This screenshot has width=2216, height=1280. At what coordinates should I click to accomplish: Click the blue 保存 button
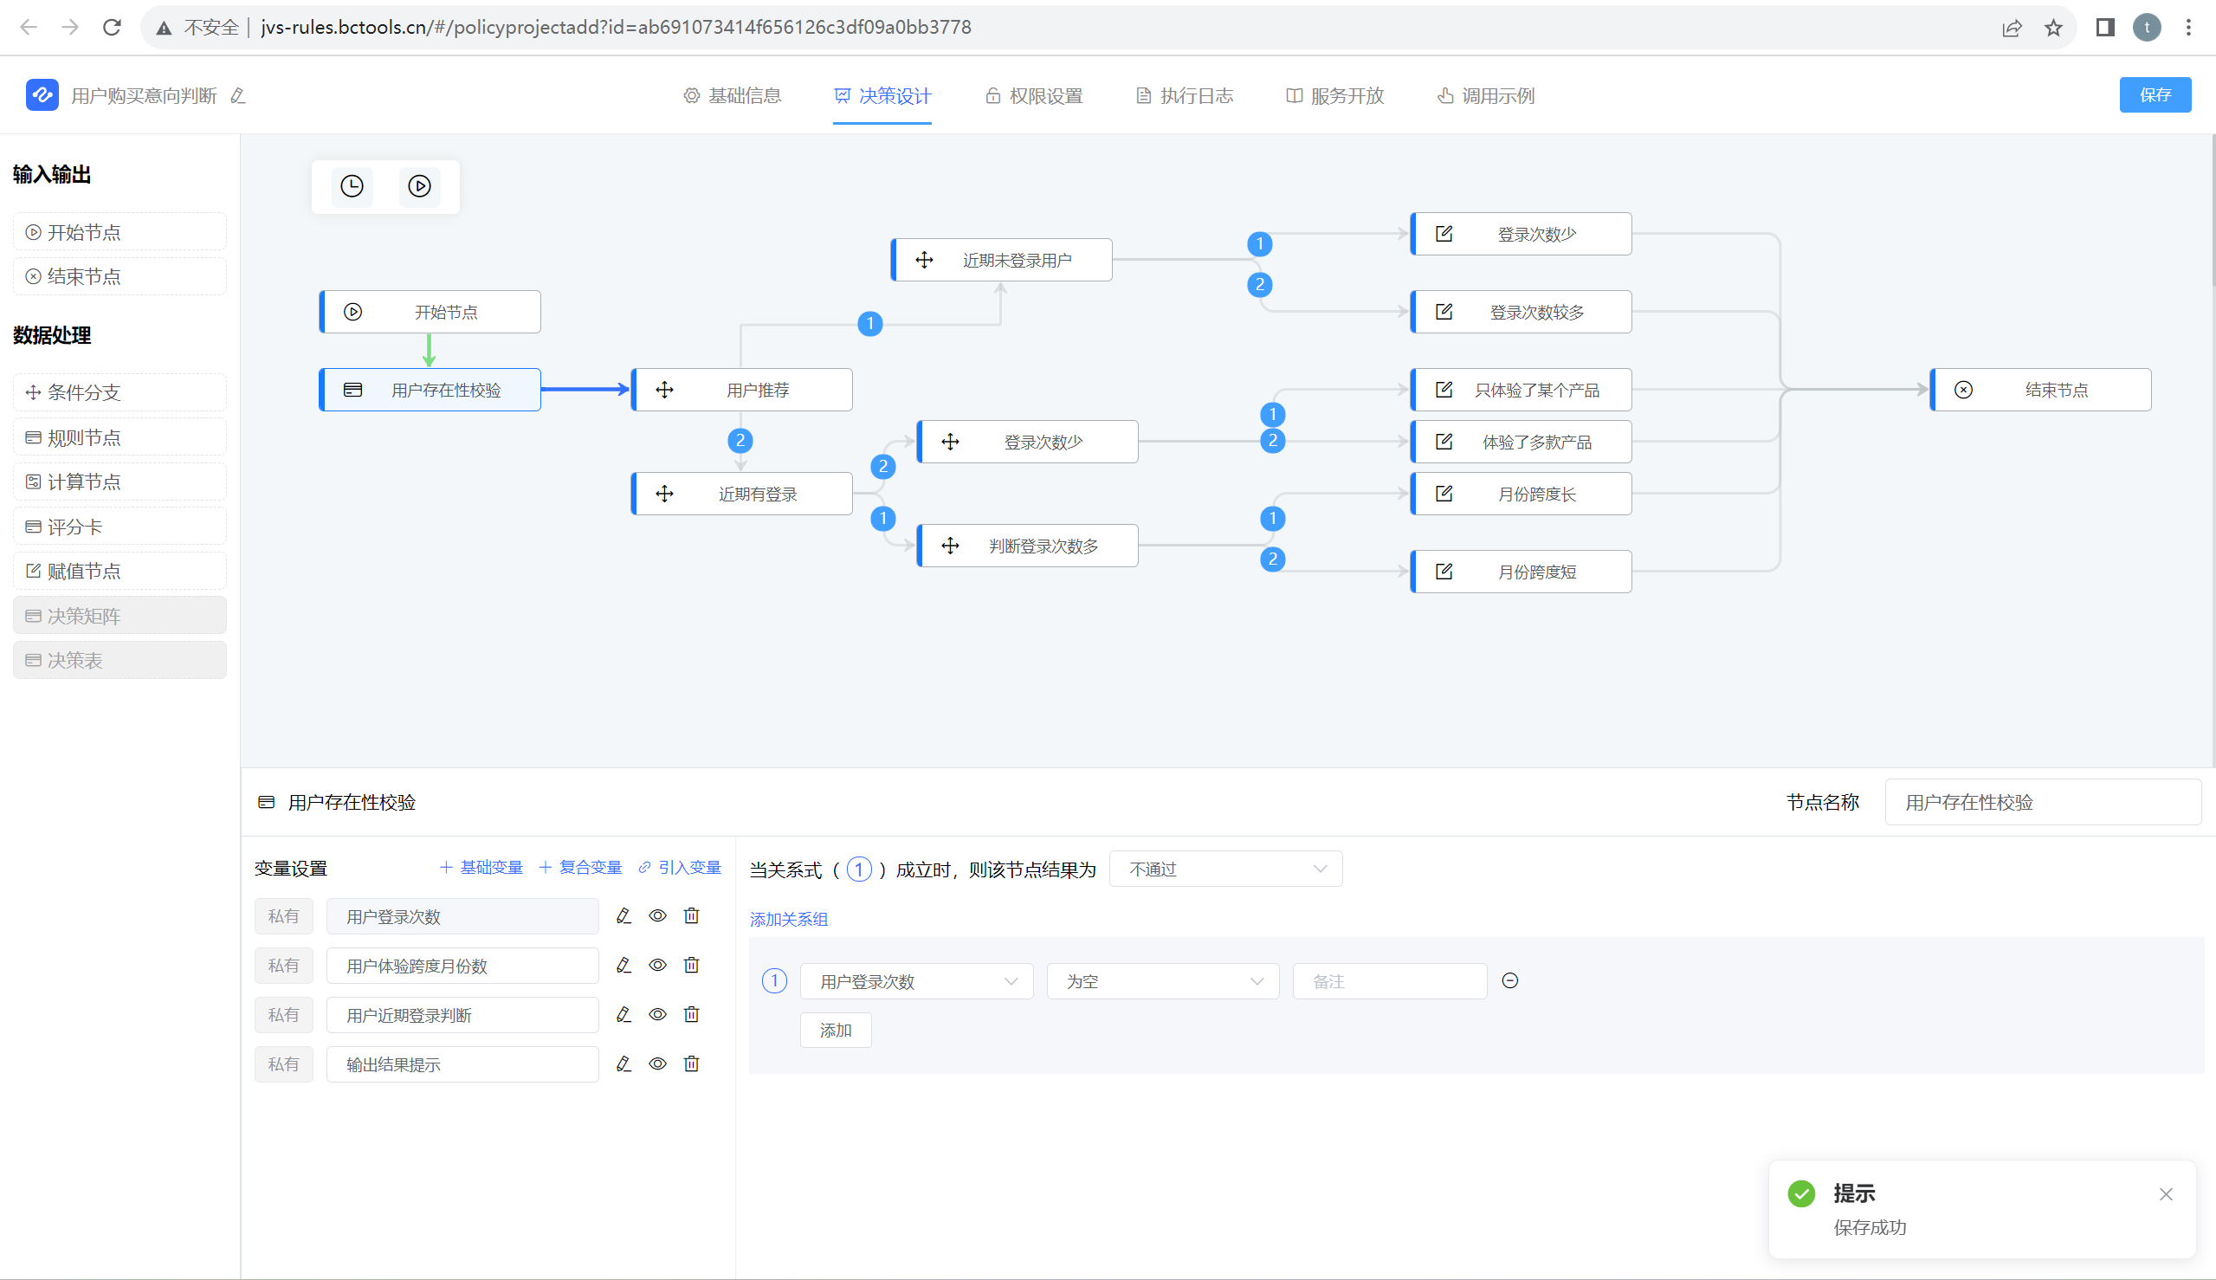pyautogui.click(x=2154, y=95)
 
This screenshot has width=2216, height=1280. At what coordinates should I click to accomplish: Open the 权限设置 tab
pyautogui.click(x=1034, y=96)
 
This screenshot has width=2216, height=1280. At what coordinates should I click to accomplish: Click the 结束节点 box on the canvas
pyautogui.click(x=2040, y=390)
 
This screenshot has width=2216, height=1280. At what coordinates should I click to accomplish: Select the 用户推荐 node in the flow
pyautogui.click(x=742, y=390)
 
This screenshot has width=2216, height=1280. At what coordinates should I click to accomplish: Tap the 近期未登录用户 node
pyautogui.click(x=1002, y=260)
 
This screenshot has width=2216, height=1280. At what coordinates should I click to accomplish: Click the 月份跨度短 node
pyautogui.click(x=1521, y=572)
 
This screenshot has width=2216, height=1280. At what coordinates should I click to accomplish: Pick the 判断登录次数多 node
pyautogui.click(x=1028, y=546)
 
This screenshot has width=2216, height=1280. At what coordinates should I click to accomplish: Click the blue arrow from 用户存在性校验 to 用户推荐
pyautogui.click(x=585, y=389)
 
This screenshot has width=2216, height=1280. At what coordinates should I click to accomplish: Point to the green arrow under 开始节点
pyautogui.click(x=429, y=350)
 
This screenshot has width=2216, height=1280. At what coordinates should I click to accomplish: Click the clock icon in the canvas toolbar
pyautogui.click(x=352, y=186)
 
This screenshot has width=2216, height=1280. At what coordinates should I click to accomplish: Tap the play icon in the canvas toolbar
pyautogui.click(x=419, y=186)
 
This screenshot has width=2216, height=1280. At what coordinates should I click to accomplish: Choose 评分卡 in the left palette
pyautogui.click(x=120, y=527)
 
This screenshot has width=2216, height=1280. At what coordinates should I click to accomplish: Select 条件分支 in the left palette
pyautogui.click(x=120, y=392)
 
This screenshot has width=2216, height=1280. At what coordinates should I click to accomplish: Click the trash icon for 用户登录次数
pyautogui.click(x=692, y=916)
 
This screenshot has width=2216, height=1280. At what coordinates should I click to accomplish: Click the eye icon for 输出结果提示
pyautogui.click(x=657, y=1063)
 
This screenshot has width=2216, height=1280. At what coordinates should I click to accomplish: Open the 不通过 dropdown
pyautogui.click(x=1225, y=869)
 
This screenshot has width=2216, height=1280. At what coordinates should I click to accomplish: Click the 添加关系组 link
pyautogui.click(x=789, y=919)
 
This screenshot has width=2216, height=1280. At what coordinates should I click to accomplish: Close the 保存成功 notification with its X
pyautogui.click(x=2165, y=1194)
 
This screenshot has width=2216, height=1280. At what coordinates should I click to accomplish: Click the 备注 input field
pyautogui.click(x=1389, y=981)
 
